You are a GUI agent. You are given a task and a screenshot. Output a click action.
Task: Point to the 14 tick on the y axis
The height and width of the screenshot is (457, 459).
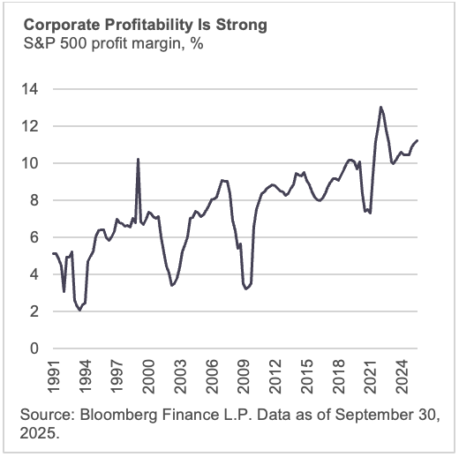[x=33, y=89]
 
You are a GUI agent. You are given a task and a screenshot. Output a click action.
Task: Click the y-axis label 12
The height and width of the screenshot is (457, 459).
[x=33, y=126]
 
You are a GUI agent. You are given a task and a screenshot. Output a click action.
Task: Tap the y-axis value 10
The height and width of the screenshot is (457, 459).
[x=33, y=163]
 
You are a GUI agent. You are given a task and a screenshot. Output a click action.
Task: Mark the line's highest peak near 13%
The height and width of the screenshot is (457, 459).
[x=380, y=108]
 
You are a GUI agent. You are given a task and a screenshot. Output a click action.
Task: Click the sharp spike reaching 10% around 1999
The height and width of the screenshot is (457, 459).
[x=138, y=159]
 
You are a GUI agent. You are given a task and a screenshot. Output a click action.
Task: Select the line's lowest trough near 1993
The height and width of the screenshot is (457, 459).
[x=79, y=310]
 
